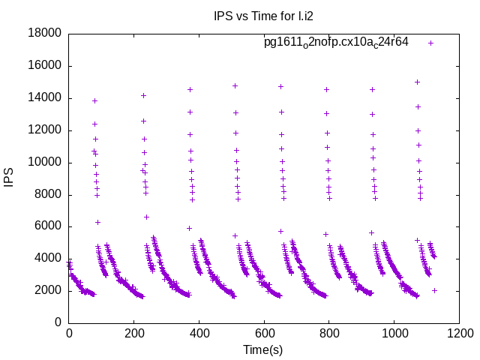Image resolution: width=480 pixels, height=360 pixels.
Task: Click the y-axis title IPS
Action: click(x=10, y=178)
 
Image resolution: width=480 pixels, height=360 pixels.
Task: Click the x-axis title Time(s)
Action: click(x=262, y=349)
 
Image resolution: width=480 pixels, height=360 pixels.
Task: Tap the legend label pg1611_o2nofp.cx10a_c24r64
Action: click(x=336, y=42)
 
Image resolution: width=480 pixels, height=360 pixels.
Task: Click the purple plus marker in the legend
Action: click(x=430, y=43)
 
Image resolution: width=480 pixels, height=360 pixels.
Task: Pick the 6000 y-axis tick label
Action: click(x=46, y=226)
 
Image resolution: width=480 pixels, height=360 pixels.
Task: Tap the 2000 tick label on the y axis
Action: click(x=46, y=290)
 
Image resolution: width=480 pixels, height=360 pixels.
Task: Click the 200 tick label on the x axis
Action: click(x=133, y=333)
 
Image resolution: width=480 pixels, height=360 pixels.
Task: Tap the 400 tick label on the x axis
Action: click(x=199, y=333)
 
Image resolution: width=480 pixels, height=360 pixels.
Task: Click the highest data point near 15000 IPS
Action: click(x=417, y=82)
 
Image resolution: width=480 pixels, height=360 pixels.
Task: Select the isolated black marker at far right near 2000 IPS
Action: click(x=434, y=290)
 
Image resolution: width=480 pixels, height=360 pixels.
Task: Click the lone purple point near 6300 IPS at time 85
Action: click(x=97, y=222)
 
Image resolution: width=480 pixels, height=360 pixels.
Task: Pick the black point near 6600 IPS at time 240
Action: click(x=147, y=217)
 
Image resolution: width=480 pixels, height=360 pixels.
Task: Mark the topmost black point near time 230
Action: click(x=143, y=95)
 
